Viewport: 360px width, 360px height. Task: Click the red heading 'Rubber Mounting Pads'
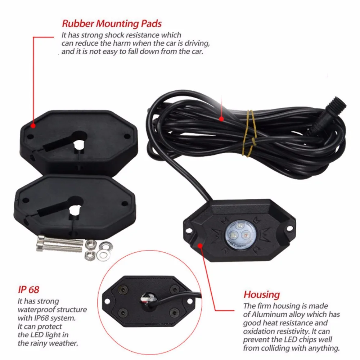112,24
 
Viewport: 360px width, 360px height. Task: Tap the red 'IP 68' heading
28,289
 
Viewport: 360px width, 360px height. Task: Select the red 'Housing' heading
262,294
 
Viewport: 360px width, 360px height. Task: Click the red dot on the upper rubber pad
33,126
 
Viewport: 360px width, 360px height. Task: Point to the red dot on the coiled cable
222,118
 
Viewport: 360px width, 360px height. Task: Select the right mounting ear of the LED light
288,228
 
